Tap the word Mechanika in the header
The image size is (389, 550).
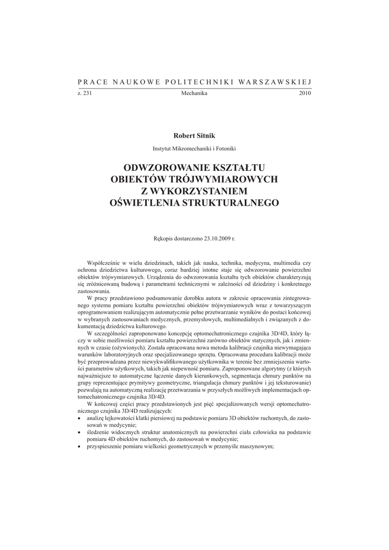(195, 93)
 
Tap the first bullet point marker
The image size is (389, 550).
(80, 418)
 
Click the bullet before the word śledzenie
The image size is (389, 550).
(80, 432)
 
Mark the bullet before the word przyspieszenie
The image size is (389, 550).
(80, 447)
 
